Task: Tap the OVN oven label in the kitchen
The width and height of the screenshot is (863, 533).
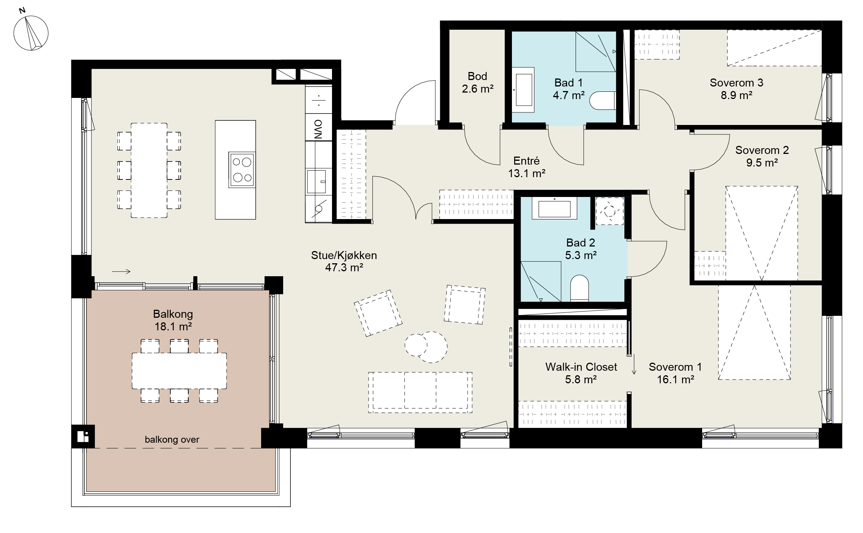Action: coord(318,129)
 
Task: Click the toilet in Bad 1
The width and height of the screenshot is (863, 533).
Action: coord(603,101)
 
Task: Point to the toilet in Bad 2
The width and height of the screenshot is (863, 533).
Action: coord(579,288)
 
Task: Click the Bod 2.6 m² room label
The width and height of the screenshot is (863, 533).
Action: coord(478,82)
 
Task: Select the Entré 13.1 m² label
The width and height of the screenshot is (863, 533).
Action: coord(526,167)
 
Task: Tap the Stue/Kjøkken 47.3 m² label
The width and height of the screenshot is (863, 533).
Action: coord(344,261)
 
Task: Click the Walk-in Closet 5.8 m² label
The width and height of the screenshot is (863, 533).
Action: coord(581,373)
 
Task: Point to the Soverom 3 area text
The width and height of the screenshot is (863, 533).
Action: coord(736,95)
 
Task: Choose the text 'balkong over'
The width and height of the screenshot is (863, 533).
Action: coord(172,440)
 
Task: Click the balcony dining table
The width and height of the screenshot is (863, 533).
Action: coord(179,371)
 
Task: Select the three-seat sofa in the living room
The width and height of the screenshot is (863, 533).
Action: coord(420,392)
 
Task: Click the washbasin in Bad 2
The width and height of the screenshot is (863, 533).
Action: coord(554,208)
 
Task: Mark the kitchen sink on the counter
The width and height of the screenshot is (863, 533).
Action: coord(317,182)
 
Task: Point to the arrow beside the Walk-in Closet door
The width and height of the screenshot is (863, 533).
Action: coord(634,364)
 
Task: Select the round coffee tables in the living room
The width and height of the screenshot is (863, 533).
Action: coord(426,346)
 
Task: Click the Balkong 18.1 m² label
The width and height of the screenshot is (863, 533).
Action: coord(173,320)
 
